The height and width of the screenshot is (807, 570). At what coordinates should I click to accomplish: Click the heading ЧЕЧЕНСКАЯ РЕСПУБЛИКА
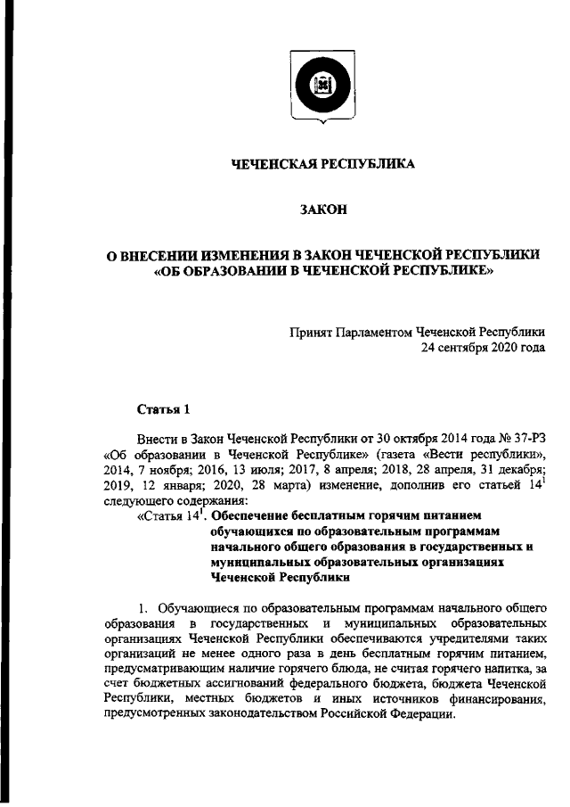322,164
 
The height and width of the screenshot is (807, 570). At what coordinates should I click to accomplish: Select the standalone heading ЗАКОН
322,210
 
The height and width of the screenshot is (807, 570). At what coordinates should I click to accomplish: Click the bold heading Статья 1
164,409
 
